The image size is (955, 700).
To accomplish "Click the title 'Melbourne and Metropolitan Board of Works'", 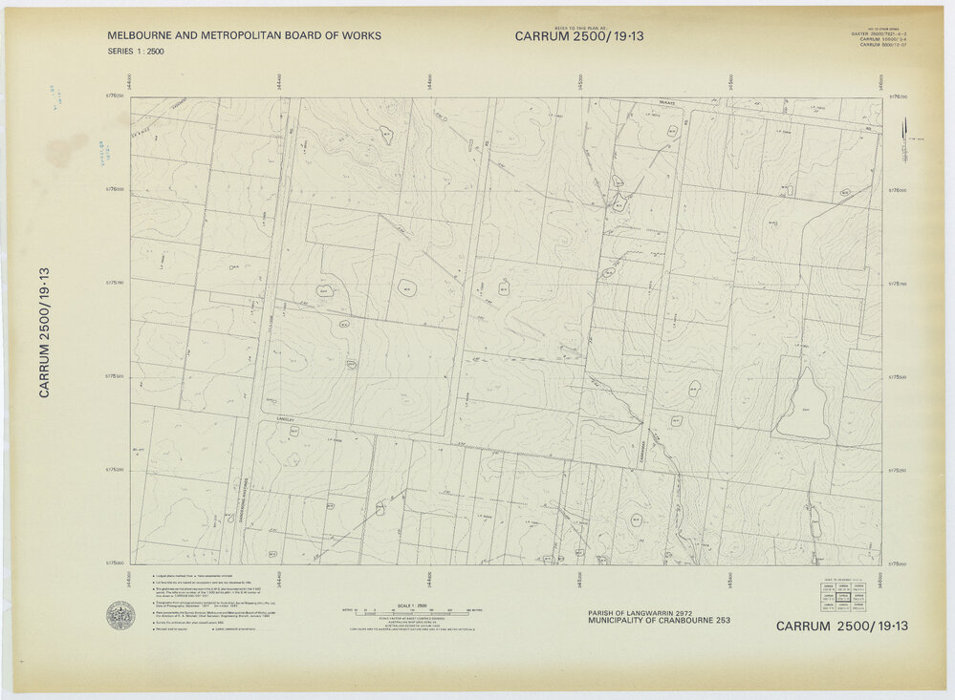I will [x=245, y=36].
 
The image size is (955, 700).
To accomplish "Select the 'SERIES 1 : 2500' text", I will [x=136, y=52].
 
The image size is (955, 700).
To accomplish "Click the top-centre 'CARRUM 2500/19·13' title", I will [x=579, y=36].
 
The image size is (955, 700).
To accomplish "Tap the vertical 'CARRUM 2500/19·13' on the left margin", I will [x=44, y=333].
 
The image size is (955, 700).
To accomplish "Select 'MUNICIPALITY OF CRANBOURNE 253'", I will [x=659, y=622].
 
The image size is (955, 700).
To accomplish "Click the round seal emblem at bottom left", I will [x=120, y=615].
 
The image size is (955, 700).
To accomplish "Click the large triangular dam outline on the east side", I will [x=803, y=405].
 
